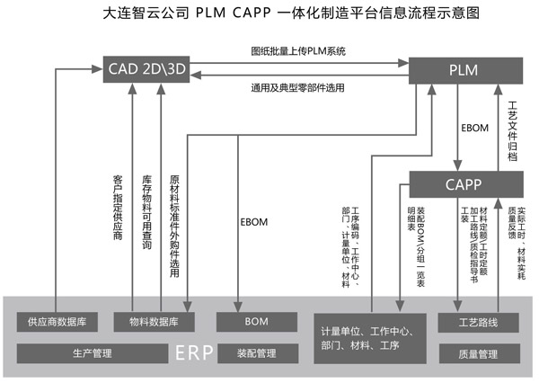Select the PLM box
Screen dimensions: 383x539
tap(466, 68)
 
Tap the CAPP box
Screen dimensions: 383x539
tap(466, 185)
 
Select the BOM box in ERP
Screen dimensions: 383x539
tap(255, 321)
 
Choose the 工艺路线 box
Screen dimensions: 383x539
tap(477, 321)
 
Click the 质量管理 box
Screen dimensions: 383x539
tap(477, 354)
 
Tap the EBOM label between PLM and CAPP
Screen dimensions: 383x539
tap(473, 128)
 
